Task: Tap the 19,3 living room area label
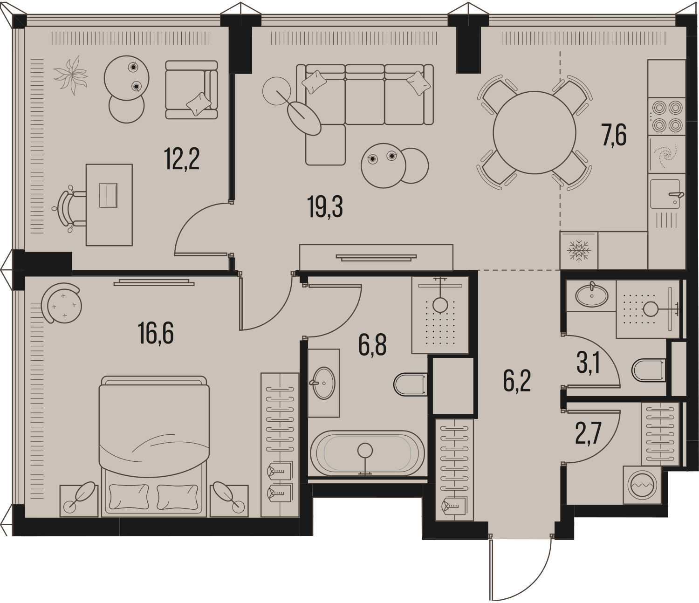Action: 325,207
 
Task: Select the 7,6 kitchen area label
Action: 614,135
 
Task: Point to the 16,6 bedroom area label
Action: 156,333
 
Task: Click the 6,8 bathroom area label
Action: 372,345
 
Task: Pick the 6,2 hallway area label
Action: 517,380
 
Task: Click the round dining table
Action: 535,132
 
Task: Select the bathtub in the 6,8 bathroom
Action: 367,453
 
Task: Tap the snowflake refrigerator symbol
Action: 579,250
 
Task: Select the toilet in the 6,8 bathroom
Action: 411,384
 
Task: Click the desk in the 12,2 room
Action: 109,205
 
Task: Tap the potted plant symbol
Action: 71,75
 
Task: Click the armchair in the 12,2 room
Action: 192,90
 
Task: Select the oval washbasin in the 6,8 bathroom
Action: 324,383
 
